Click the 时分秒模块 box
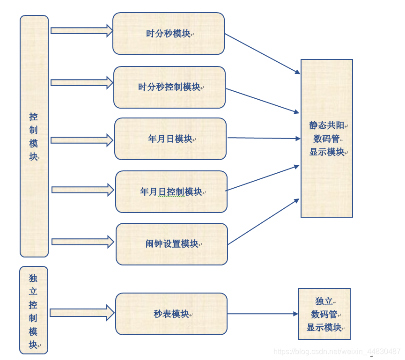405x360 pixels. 168,34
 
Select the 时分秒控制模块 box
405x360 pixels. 169,87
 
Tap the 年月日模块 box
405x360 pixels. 170,139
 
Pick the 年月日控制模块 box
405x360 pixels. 171,191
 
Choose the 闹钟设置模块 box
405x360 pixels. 171,244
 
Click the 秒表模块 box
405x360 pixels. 171,314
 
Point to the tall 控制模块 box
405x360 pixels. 34,136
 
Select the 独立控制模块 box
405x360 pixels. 33,310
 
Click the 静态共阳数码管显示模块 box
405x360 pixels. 326,138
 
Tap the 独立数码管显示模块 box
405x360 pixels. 324,314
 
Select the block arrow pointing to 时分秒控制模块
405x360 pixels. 81,82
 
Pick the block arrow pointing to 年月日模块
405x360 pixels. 81,140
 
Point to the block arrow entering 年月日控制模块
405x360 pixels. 82,190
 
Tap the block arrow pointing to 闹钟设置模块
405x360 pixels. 82,242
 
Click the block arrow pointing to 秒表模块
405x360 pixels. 81,313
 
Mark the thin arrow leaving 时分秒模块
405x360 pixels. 262,53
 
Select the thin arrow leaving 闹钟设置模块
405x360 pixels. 264,222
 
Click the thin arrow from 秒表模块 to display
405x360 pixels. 262,314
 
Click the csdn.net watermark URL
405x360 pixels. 337,351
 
